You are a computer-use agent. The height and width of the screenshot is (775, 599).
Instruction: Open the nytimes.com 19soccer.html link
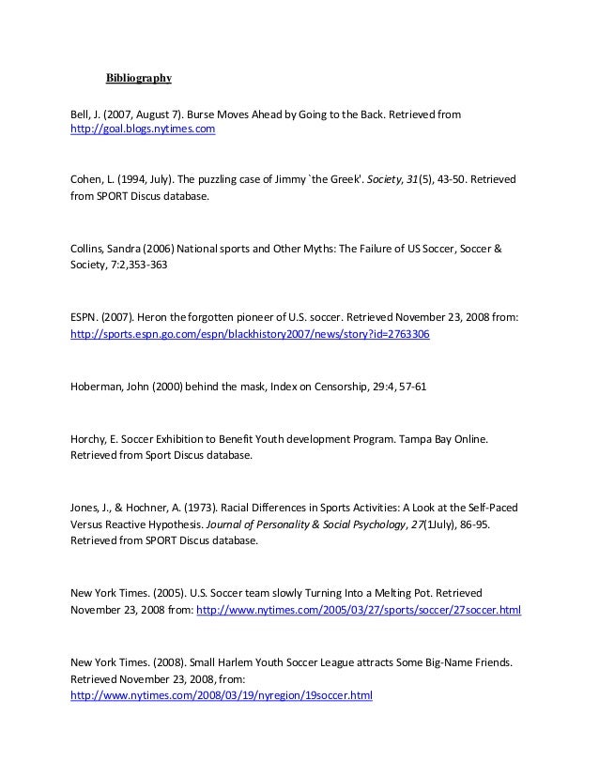[223, 696]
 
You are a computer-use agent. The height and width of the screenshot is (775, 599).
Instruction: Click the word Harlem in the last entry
[218, 661]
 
